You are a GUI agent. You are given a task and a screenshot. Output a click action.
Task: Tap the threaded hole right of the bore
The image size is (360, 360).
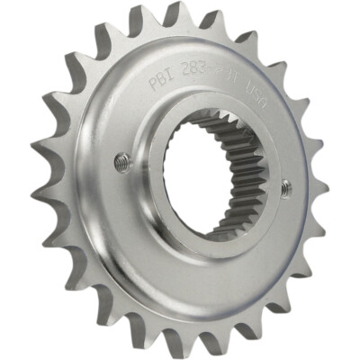pos(286,187)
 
